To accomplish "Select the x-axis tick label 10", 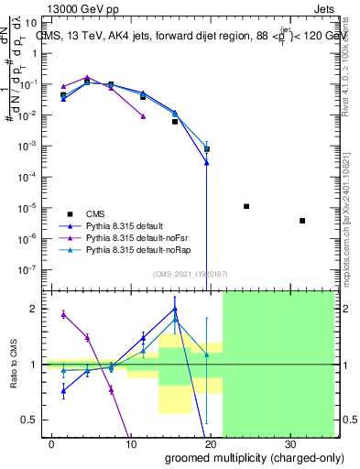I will point(132,442).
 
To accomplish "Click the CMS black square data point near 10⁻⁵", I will point(246,206).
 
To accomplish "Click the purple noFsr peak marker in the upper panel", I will point(87,78).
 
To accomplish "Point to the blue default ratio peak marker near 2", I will point(174,309).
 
